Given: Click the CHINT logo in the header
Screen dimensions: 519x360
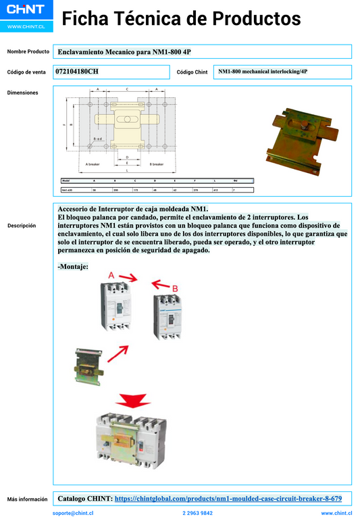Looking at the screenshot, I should [x=25, y=10].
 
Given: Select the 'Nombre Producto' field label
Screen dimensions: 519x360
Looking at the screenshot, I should [x=28, y=51].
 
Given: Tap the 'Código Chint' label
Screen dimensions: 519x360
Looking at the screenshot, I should [x=192, y=72].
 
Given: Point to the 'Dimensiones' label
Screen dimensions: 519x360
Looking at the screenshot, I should [x=22, y=93].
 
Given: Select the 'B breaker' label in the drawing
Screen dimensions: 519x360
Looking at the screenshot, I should [x=157, y=164].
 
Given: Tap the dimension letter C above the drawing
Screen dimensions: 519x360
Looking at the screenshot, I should [x=127, y=89].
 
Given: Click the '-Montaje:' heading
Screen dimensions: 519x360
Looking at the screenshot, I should [x=73, y=267].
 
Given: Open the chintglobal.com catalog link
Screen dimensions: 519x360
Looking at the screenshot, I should [x=228, y=499].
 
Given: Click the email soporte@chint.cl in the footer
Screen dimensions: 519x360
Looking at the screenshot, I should [x=73, y=514].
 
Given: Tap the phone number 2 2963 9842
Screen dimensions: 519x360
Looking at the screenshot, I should [x=197, y=514].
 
